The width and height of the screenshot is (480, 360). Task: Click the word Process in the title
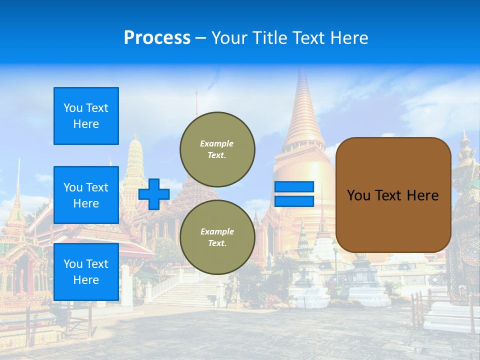click(x=157, y=38)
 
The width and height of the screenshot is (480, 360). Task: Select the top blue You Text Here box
click(x=86, y=116)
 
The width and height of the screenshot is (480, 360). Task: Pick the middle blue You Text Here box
click(x=86, y=195)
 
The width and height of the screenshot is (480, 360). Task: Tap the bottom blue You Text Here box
click(x=86, y=272)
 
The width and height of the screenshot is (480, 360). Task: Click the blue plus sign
click(x=154, y=194)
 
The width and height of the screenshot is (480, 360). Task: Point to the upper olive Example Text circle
click(x=217, y=149)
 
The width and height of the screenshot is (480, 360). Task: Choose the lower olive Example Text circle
click(x=217, y=237)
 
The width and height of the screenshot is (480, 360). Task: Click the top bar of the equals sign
click(x=294, y=187)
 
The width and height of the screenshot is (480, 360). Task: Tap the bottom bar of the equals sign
click(x=294, y=201)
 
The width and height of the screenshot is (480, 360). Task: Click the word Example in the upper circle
click(x=217, y=143)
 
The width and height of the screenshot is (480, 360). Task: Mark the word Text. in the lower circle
click(x=217, y=243)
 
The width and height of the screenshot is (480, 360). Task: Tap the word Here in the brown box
click(x=422, y=195)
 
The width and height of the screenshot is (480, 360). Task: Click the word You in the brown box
click(x=358, y=195)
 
